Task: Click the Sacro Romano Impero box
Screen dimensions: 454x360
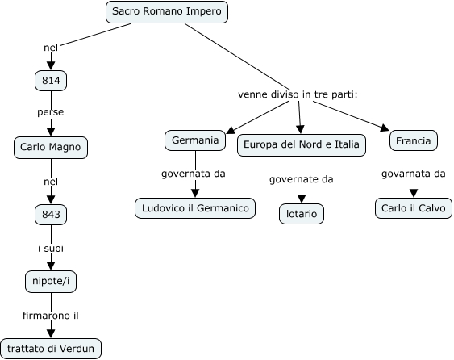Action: click(x=167, y=12)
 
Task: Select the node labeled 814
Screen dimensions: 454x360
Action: click(x=51, y=80)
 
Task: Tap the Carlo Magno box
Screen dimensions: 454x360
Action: click(x=51, y=147)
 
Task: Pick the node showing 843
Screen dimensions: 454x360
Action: click(x=51, y=215)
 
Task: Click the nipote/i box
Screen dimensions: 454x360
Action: click(x=51, y=282)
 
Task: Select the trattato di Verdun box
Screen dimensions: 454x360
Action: click(x=51, y=349)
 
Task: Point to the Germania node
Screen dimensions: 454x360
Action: click(x=195, y=140)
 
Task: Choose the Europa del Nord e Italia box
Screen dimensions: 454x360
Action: click(x=302, y=145)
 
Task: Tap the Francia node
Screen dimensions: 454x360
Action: click(x=414, y=140)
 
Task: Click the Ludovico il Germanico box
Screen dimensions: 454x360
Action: click(x=195, y=208)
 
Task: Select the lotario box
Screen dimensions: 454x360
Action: click(x=302, y=214)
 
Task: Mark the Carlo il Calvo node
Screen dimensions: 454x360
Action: click(x=414, y=208)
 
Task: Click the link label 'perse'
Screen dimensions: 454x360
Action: click(x=50, y=112)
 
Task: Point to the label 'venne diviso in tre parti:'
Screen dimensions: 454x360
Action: click(x=298, y=94)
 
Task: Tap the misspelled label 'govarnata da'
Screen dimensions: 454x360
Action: click(x=413, y=174)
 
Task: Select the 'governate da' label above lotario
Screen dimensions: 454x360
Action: click(x=301, y=179)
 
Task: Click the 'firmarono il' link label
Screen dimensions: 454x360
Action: click(x=51, y=316)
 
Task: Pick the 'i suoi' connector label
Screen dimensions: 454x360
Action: click(x=51, y=249)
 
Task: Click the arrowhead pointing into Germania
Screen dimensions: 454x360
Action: click(x=230, y=131)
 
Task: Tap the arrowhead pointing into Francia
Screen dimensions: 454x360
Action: click(x=385, y=128)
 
